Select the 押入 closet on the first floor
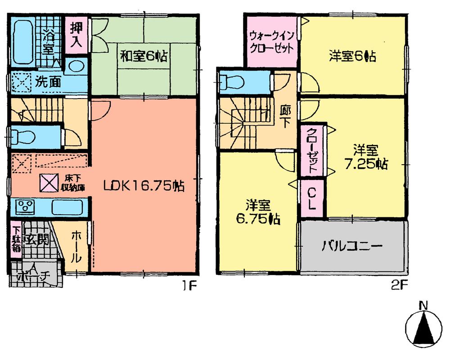click(76, 35)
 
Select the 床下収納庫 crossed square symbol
click(48, 182)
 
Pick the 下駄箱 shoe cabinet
click(16, 239)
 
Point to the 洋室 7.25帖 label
click(365, 156)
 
